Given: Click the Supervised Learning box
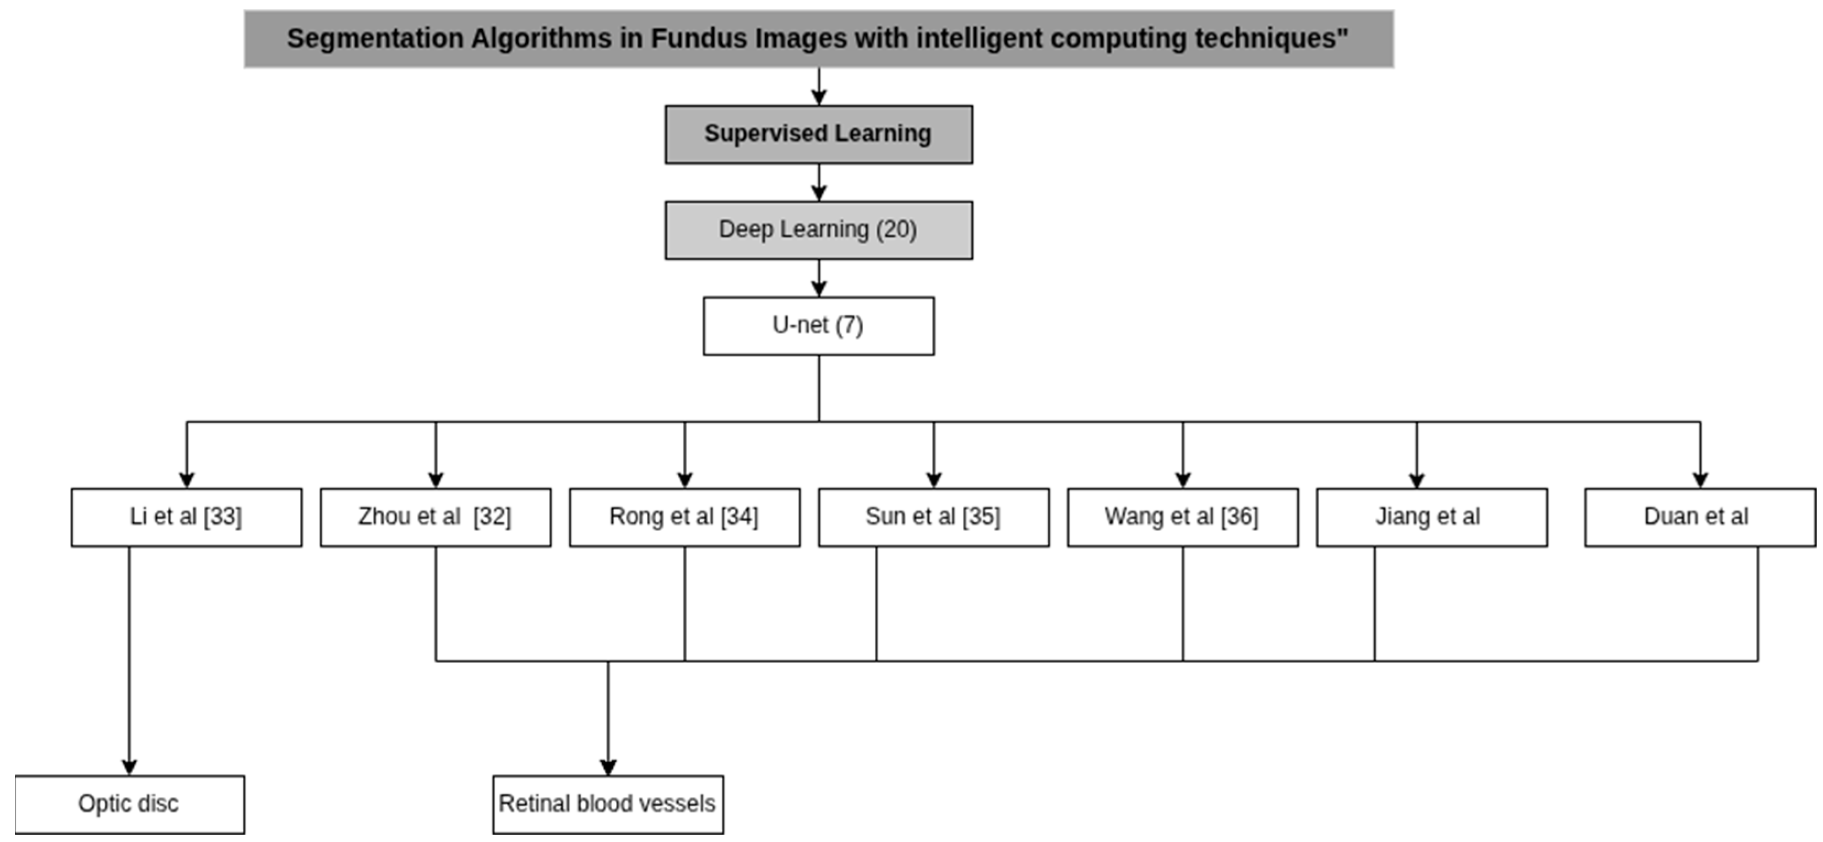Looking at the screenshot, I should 818,134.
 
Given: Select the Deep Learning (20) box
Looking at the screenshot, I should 818,230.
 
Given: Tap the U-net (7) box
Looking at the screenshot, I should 818,325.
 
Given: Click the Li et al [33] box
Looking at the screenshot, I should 186,517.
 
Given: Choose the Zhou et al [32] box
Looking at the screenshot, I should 435,517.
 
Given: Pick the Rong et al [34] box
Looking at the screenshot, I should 684,517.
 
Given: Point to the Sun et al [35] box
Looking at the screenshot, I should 933,517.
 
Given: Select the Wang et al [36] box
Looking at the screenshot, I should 1183,517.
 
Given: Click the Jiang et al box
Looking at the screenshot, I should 1432,517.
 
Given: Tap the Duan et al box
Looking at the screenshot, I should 1700,517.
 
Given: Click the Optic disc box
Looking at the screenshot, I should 129,805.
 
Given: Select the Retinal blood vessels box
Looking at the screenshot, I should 608,805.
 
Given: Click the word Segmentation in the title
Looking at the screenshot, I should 374,38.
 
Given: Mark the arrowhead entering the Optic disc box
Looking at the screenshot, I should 129,767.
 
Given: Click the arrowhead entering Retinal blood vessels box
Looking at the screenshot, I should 608,767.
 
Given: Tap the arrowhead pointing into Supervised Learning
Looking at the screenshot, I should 819,97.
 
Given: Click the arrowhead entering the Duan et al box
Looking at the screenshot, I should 1700,480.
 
